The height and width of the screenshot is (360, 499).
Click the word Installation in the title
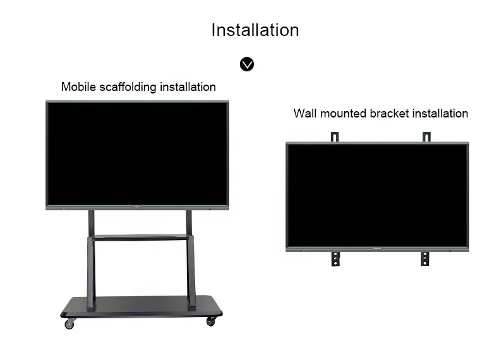(x=255, y=30)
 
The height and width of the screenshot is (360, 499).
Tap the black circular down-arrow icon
(x=247, y=64)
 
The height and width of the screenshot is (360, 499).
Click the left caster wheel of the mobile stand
(x=69, y=323)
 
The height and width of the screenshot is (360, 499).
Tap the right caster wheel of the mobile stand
(x=210, y=321)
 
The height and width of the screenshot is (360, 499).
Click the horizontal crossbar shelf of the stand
(x=140, y=238)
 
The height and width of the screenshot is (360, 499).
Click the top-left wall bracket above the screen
(x=335, y=137)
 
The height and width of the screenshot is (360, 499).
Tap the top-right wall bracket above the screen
(x=426, y=137)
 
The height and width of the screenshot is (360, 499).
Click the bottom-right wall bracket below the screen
(x=425, y=258)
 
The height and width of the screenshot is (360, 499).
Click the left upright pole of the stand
(x=92, y=259)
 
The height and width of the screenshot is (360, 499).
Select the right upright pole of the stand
(x=190, y=259)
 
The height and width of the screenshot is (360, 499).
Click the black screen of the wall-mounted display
(x=377, y=195)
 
